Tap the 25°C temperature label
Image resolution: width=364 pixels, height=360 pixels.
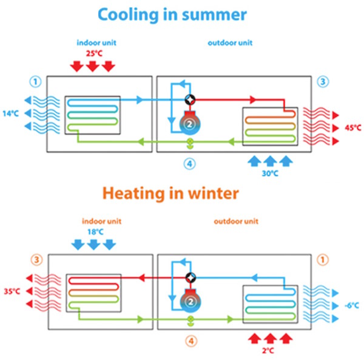tap(92, 54)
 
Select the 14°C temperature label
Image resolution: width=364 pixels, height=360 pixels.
tap(10, 113)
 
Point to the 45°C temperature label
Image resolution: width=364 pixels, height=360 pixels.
tap(351, 128)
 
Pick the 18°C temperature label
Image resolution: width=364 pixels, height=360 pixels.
tap(92, 232)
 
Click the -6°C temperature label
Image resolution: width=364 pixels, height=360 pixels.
tap(351, 305)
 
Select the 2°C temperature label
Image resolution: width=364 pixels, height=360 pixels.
tap(269, 350)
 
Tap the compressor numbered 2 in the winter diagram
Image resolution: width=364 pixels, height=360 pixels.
tap(190, 301)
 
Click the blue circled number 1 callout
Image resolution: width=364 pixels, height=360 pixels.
tap(36, 81)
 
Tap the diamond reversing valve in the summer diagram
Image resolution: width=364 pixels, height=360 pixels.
tap(190, 100)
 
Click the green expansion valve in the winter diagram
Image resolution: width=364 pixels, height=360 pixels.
tap(190, 319)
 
